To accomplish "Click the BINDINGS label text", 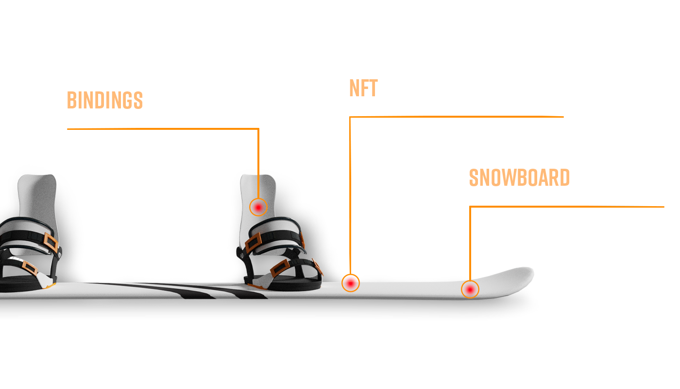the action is tap(105, 100).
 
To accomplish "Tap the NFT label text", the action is tap(363, 88).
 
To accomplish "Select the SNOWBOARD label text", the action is tap(519, 177).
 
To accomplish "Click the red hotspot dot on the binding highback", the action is tap(258, 207).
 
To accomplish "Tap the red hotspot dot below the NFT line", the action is tap(351, 283).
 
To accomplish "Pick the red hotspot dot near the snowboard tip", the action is tap(470, 290).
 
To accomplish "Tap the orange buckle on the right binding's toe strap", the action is tap(280, 268).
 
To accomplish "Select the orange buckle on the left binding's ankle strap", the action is tap(51, 242).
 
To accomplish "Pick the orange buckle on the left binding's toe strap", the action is tap(30, 268).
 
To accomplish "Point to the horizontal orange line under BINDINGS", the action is tap(163, 129).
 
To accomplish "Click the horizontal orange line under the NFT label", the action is tap(457, 117).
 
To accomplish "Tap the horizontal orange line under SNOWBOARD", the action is tap(567, 207).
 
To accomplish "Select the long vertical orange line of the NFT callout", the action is tap(350, 195).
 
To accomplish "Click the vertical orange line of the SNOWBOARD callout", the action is tap(470, 244).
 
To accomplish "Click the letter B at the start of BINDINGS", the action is tap(72, 100).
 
